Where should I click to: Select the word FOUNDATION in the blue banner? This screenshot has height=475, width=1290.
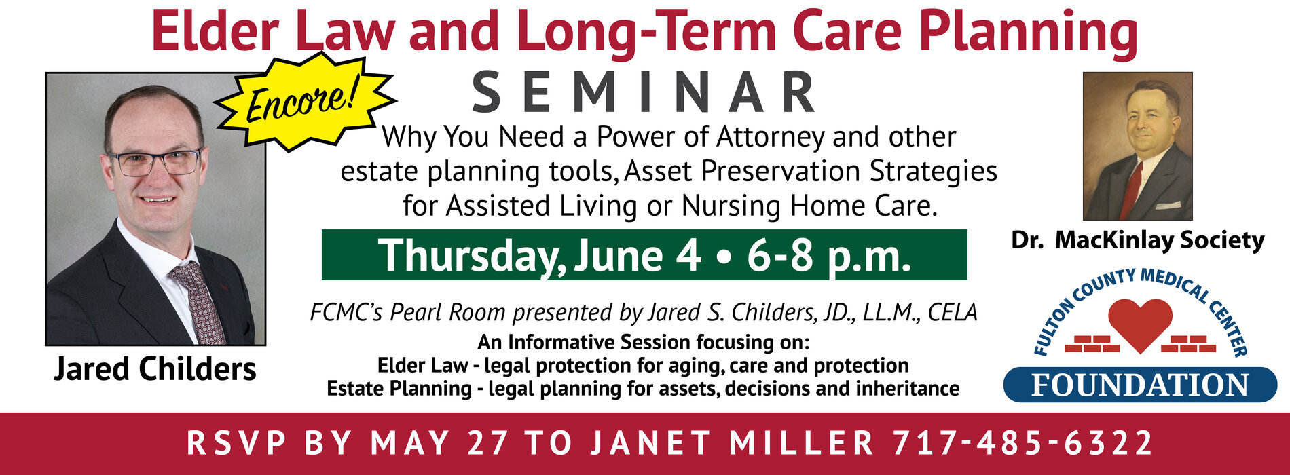(x=1140, y=385)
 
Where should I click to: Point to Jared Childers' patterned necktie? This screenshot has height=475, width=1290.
(x=198, y=301)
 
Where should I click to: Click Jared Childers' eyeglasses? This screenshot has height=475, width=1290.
(x=155, y=162)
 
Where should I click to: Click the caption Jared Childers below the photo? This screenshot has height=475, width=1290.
(x=155, y=370)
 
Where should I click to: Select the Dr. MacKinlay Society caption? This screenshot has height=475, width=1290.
(x=1138, y=240)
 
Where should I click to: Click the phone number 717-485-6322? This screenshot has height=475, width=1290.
(x=1022, y=443)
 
